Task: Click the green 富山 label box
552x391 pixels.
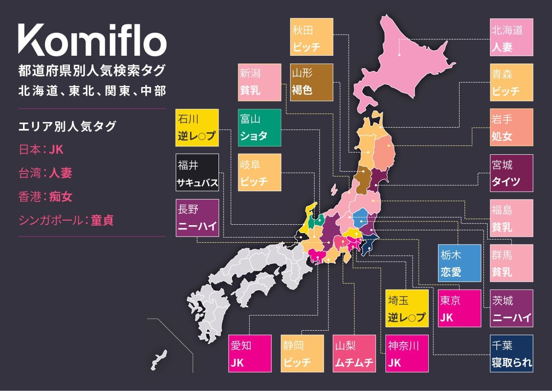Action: tap(260, 127)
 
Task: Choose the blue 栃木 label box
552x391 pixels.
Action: tap(460, 263)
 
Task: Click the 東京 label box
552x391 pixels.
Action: tap(460, 308)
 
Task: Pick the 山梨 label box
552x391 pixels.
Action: tap(354, 354)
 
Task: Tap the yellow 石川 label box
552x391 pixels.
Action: tap(197, 128)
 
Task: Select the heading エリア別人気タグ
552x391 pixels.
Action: tap(67, 126)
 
